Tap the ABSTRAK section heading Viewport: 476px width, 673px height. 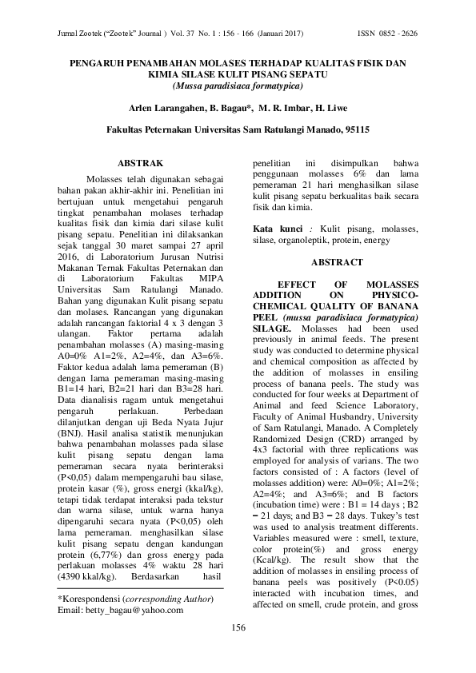[140, 162]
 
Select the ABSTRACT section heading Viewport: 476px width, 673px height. [337, 261]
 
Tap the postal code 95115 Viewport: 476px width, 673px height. [353, 129]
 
